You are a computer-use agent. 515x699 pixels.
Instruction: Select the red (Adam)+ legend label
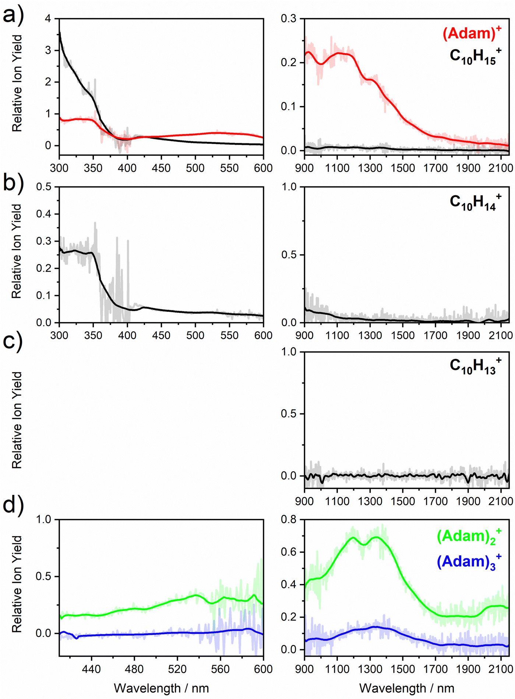[x=472, y=33]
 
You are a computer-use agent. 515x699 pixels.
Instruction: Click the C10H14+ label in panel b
[x=475, y=202]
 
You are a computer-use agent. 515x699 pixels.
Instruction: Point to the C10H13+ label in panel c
[x=475, y=366]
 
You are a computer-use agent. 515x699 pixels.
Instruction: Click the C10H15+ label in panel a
[x=475, y=56]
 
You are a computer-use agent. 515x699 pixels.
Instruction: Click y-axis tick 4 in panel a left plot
[x=48, y=18]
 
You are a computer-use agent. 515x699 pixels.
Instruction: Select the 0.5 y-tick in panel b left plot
[x=44, y=187]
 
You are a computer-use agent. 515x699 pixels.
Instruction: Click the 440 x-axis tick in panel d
[x=91, y=669]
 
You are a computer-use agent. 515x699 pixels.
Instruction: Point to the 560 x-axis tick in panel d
[x=221, y=669]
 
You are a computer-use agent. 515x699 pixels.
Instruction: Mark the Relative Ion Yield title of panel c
[x=17, y=420]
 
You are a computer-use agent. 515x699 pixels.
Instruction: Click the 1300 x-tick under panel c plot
[x=370, y=501]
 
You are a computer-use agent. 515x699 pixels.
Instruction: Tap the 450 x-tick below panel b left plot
[x=161, y=335]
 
